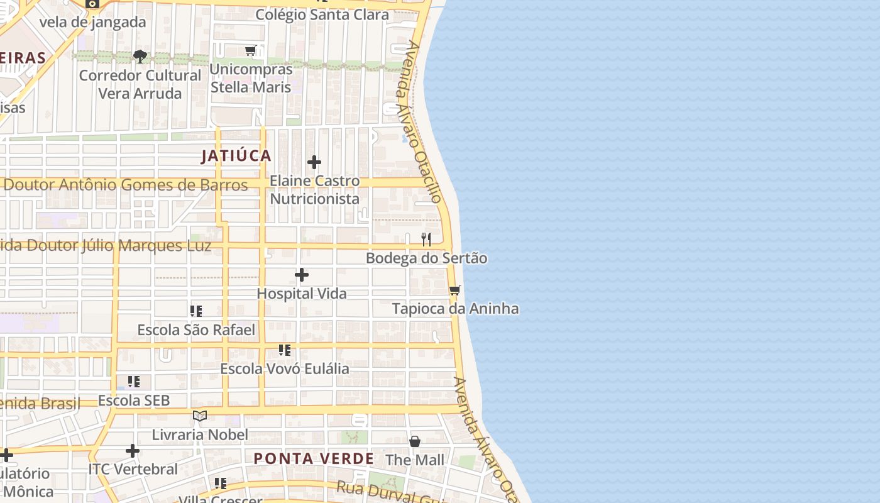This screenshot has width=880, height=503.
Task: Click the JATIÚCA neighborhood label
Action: (236, 156)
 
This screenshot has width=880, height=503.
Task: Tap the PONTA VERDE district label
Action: (314, 458)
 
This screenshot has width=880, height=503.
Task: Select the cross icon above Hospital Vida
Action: (302, 275)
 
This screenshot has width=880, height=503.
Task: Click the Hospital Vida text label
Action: (302, 294)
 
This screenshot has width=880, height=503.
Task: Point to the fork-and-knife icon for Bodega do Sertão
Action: (426, 239)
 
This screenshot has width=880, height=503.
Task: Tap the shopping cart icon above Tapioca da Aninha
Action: (455, 290)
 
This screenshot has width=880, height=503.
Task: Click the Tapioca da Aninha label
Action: (455, 309)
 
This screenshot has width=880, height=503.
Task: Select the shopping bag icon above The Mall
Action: (415, 441)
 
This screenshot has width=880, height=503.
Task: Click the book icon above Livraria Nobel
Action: (200, 416)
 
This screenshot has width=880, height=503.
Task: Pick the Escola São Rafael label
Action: (196, 330)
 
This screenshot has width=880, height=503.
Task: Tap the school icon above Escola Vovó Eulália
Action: (285, 350)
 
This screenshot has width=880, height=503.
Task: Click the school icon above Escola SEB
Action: (134, 382)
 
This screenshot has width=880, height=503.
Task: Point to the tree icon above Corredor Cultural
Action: (140, 57)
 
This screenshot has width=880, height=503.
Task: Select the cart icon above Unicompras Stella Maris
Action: (251, 50)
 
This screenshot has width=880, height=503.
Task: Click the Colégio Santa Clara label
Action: (322, 15)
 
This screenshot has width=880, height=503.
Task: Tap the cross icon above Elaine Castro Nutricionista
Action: (314, 162)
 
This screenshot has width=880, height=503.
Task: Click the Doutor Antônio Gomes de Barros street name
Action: (126, 185)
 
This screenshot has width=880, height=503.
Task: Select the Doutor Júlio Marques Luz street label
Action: (107, 245)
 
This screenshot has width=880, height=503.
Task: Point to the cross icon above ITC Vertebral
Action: (133, 450)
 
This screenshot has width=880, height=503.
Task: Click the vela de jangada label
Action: (92, 22)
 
